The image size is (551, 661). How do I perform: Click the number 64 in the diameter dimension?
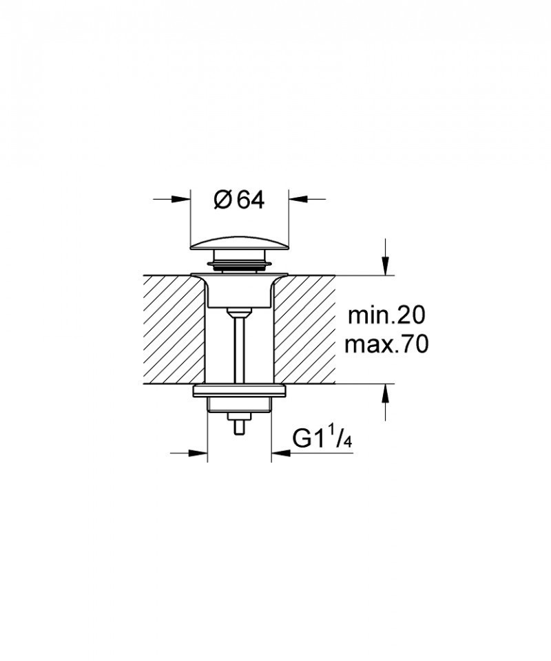(x=250, y=200)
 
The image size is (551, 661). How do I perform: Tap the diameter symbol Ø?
(x=222, y=200)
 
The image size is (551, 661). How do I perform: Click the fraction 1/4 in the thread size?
(x=341, y=436)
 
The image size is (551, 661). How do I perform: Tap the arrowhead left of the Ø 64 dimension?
(x=182, y=200)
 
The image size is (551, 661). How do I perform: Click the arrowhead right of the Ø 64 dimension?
(x=297, y=200)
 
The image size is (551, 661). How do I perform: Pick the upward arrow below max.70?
(x=386, y=393)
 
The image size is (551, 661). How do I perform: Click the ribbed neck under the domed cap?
(x=239, y=262)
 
